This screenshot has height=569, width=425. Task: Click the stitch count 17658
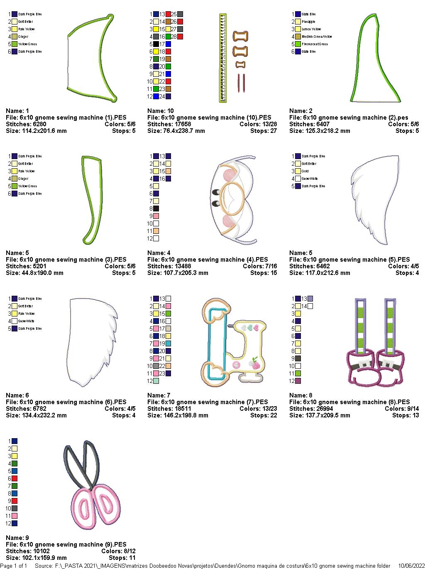click(x=181, y=124)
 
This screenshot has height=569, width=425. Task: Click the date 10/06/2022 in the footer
click(x=411, y=566)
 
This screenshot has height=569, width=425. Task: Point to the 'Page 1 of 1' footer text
click(x=14, y=566)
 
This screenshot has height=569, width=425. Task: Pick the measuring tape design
click(x=223, y=58)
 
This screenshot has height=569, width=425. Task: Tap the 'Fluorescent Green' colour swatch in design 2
click(x=298, y=44)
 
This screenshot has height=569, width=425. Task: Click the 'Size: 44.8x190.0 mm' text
click(x=35, y=273)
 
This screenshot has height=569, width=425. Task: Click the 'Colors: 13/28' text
click(x=258, y=124)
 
